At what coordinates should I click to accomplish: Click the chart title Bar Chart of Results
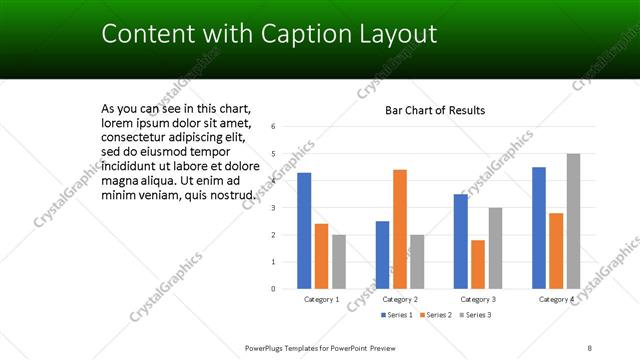click(435, 110)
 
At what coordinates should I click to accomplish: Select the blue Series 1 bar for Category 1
click(304, 231)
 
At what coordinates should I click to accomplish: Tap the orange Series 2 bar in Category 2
click(399, 229)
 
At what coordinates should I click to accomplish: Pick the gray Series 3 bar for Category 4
click(573, 221)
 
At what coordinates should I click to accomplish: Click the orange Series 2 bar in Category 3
click(478, 264)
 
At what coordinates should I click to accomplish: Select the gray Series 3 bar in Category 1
click(339, 262)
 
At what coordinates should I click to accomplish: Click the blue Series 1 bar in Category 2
click(382, 255)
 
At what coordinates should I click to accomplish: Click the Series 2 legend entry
click(435, 315)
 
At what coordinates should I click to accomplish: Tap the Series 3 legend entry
click(475, 315)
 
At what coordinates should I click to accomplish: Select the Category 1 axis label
click(321, 299)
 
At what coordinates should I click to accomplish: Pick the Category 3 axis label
click(478, 299)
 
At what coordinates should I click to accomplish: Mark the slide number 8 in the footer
click(590, 347)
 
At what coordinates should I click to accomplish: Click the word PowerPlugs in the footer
click(270, 347)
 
